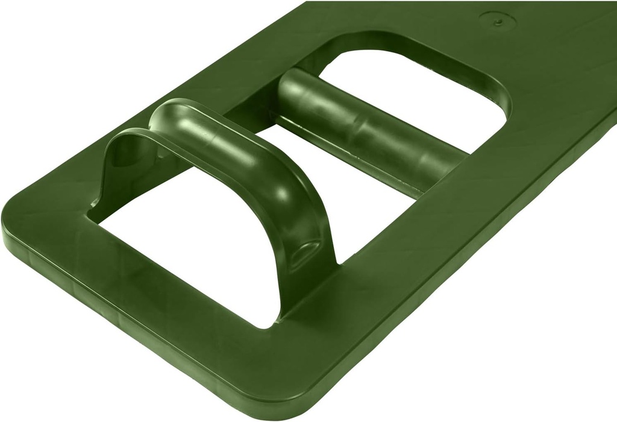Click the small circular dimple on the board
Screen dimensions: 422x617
tap(498, 22)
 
